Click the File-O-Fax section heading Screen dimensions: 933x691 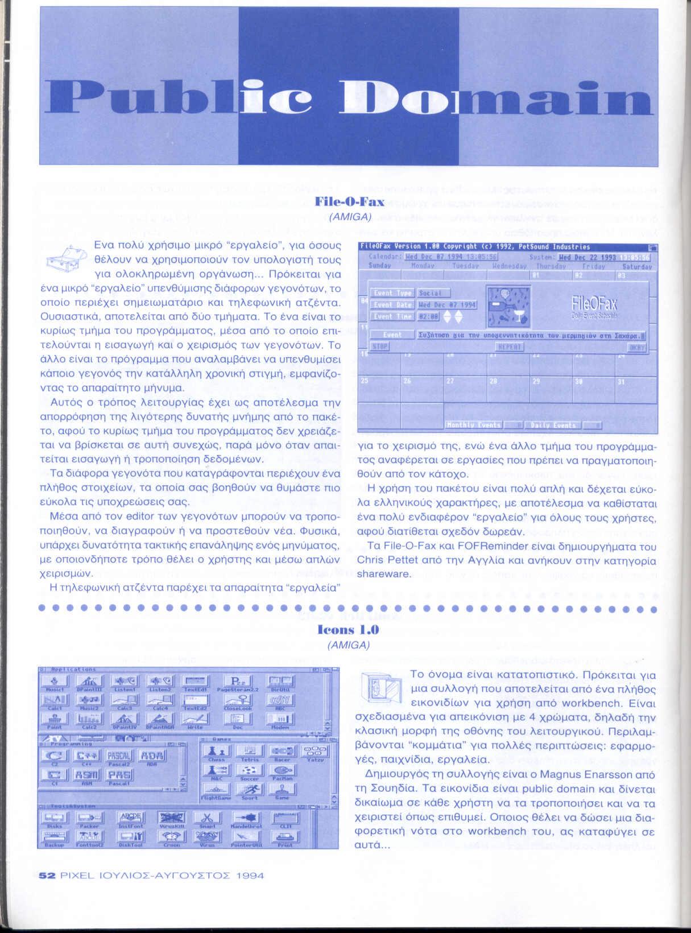point(349,202)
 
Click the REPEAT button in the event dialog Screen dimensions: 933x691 point(509,346)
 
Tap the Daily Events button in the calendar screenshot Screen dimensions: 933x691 point(554,425)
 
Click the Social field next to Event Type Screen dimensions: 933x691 point(433,293)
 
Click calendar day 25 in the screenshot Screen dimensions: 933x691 point(365,381)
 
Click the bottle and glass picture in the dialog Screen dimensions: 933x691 point(508,305)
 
